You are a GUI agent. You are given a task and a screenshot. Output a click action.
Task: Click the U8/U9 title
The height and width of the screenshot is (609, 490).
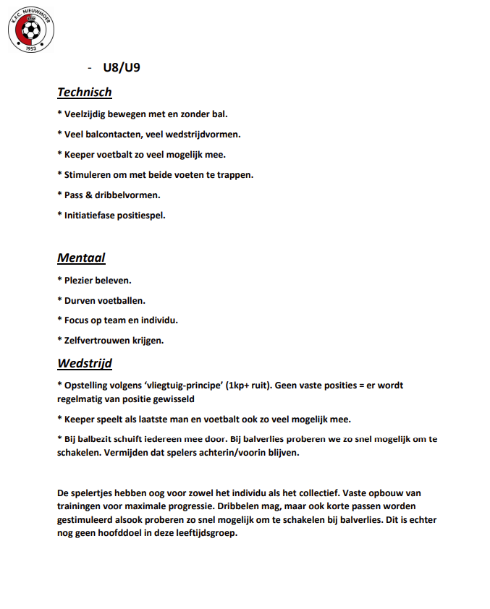(121, 69)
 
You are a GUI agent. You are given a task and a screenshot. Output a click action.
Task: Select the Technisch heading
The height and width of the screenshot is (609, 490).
(85, 92)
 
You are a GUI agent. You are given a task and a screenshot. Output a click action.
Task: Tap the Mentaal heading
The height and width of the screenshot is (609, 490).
(81, 257)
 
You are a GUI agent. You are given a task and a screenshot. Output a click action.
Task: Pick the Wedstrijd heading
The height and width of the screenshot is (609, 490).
(84, 363)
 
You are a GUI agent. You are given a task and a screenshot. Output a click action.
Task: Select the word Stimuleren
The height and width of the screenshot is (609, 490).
(88, 174)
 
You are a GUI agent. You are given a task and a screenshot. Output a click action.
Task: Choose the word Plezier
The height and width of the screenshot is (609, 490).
(79, 279)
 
